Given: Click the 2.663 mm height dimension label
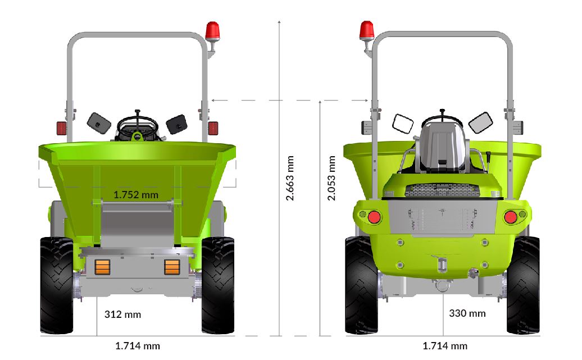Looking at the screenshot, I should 290,178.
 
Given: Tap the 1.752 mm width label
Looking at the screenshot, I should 136,195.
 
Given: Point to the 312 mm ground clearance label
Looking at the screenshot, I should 123,314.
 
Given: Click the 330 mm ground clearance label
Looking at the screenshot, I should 467,313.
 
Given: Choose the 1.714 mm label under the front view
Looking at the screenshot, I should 138,346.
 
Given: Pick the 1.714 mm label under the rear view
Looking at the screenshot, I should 445,346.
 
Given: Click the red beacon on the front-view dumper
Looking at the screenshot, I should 213,31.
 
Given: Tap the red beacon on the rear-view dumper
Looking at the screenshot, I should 367,30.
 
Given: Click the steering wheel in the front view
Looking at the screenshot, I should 137,126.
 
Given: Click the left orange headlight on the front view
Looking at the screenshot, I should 102,267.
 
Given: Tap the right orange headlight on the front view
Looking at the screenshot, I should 172,267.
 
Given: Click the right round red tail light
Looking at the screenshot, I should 511,217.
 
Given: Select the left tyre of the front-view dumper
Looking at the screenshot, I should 57,285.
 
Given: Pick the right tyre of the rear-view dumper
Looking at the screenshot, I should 522,285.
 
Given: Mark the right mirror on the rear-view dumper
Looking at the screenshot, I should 480,122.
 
